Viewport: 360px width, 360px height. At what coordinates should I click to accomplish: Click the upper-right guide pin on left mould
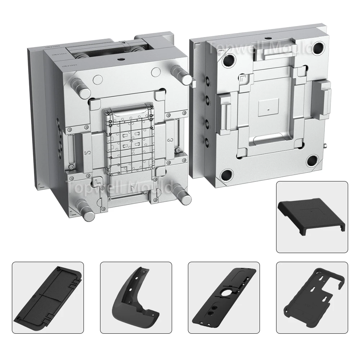point(182,73)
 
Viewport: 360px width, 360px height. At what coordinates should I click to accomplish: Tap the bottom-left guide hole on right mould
point(227,175)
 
